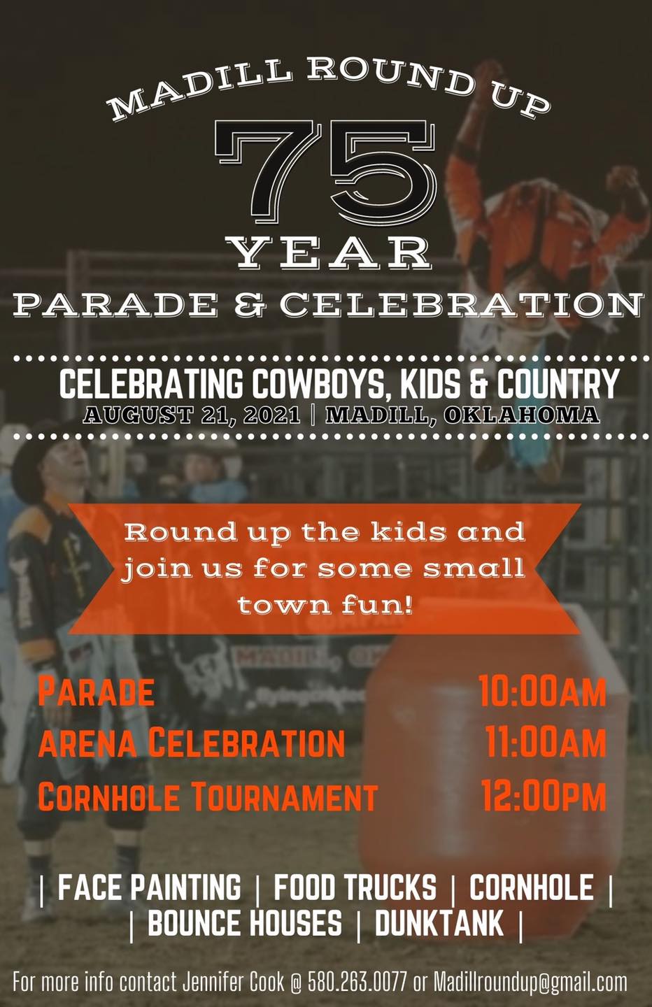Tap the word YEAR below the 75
328,253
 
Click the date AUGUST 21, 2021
192,415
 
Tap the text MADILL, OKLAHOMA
462,415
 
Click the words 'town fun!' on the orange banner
325,605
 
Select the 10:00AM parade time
542,691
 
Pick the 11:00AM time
546,742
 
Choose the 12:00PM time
544,794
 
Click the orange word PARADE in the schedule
97,692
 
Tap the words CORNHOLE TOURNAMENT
208,795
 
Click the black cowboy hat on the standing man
38,454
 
